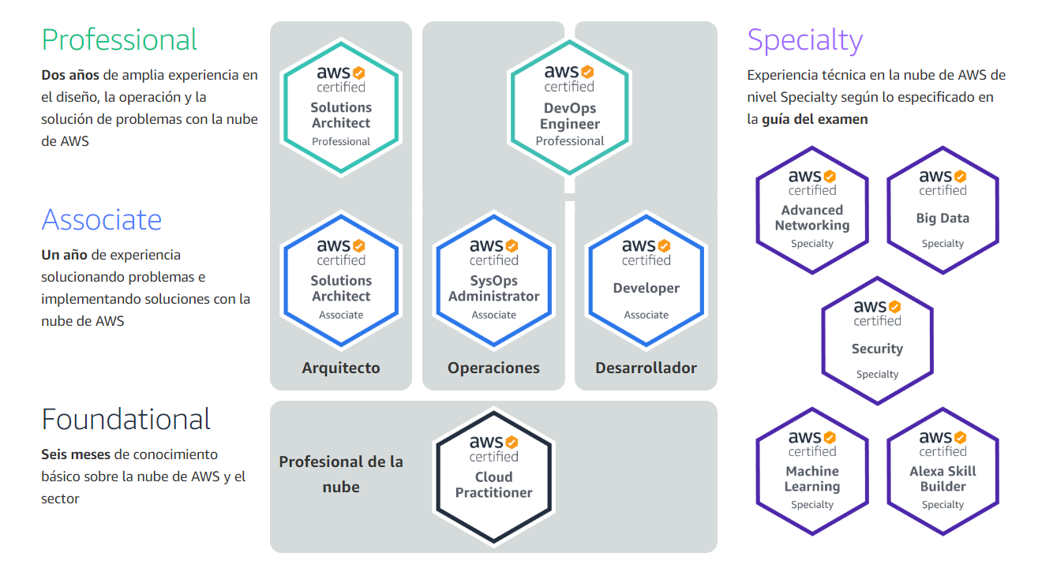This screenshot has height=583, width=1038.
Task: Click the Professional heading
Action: pyautogui.click(x=119, y=39)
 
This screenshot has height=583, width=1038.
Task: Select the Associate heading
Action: pyautogui.click(x=101, y=219)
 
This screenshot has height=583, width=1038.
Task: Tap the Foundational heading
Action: pyautogui.click(x=126, y=419)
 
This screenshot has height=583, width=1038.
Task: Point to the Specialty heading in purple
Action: pyautogui.click(x=804, y=39)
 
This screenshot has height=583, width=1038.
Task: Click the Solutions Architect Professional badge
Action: pyautogui.click(x=341, y=106)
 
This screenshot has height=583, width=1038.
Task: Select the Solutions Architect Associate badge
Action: pyautogui.click(x=341, y=279)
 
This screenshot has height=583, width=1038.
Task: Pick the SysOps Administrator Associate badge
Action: pyautogui.click(x=493, y=279)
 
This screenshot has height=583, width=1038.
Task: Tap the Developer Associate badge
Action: pyautogui.click(x=646, y=279)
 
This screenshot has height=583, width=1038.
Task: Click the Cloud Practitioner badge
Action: pyautogui.click(x=493, y=476)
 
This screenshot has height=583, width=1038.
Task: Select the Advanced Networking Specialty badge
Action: pyautogui.click(x=812, y=210)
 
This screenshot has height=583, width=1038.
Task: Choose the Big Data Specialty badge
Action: pyautogui.click(x=942, y=210)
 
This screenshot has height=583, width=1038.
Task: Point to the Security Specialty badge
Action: pyautogui.click(x=877, y=341)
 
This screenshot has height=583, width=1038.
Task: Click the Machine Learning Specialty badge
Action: pyautogui.click(x=812, y=471)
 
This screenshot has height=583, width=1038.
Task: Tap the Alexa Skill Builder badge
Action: pyautogui.click(x=942, y=471)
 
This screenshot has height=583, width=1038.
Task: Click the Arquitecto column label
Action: pyautogui.click(x=341, y=368)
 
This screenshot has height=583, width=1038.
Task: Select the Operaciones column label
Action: pyautogui.click(x=493, y=368)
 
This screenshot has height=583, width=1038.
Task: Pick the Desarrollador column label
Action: pyautogui.click(x=646, y=368)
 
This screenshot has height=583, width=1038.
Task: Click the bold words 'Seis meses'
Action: pyautogui.click(x=76, y=454)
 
